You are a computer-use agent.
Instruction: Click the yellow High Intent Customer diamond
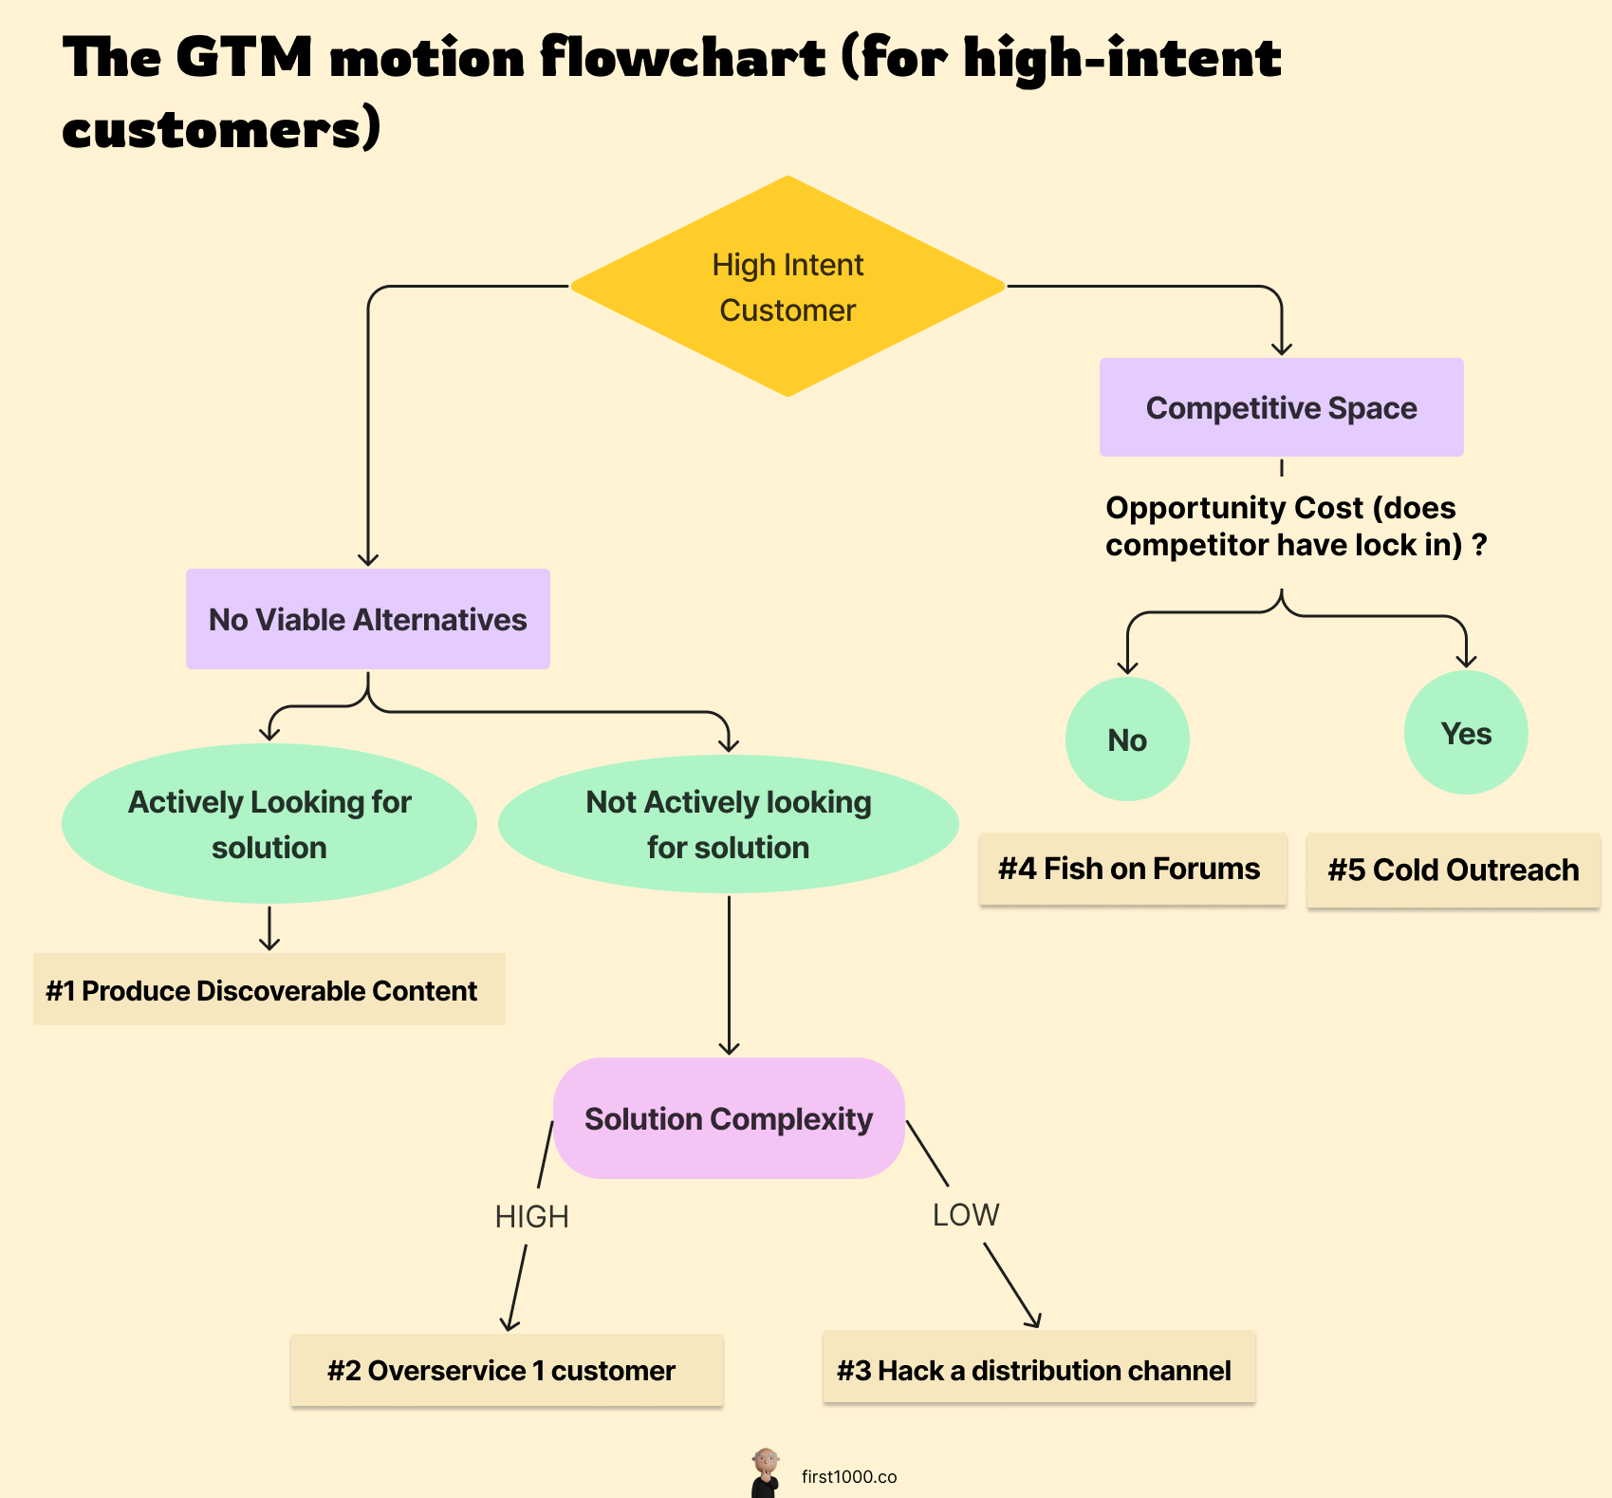[787, 287]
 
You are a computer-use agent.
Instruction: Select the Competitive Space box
[1281, 407]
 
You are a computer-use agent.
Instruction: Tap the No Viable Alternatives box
[367, 619]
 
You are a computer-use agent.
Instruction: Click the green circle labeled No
[1127, 740]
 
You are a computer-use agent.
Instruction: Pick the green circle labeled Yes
[1466, 733]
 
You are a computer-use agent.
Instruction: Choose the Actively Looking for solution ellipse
[269, 824]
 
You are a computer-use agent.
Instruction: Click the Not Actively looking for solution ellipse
[728, 824]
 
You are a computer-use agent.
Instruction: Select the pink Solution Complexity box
[728, 1118]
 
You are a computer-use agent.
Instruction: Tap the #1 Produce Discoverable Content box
[269, 990]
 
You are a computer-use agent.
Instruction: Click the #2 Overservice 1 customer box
[506, 1370]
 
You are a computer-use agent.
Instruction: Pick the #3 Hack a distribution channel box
[1038, 1368]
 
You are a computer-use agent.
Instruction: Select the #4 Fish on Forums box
[1132, 869]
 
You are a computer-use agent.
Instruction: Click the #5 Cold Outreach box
[1453, 870]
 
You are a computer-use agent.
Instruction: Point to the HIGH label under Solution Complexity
[531, 1216]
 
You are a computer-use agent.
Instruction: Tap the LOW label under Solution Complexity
[966, 1214]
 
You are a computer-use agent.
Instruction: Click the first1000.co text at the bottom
[848, 1476]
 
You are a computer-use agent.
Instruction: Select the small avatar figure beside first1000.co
[765, 1472]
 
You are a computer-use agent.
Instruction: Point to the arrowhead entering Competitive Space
[1282, 348]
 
